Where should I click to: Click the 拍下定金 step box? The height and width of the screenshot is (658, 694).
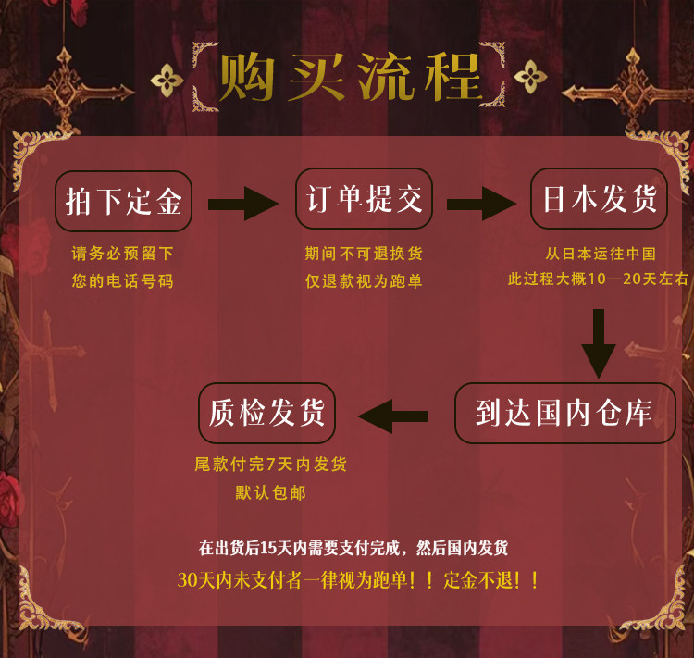pyautogui.click(x=123, y=201)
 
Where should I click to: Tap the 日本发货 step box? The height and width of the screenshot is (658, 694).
pyautogui.click(x=600, y=199)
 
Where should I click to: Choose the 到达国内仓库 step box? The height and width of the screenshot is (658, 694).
pyautogui.click(x=564, y=413)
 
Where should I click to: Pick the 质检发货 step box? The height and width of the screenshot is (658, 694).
pyautogui.click(x=266, y=413)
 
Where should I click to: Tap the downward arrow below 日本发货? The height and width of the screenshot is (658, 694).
pyautogui.click(x=599, y=342)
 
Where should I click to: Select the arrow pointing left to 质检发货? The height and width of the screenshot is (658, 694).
pyautogui.click(x=393, y=415)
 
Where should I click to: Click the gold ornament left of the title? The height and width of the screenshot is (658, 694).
pyautogui.click(x=167, y=79)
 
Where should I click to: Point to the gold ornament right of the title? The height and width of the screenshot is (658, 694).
pyautogui.click(x=530, y=77)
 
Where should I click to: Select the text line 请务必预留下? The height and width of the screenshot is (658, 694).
pyautogui.click(x=123, y=253)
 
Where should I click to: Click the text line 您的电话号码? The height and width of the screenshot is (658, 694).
pyautogui.click(x=123, y=280)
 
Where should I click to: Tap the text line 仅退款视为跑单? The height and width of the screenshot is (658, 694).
pyautogui.click(x=364, y=280)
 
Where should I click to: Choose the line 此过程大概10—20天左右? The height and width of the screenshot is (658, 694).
pyautogui.click(x=599, y=279)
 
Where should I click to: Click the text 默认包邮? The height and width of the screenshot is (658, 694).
pyautogui.click(x=270, y=492)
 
